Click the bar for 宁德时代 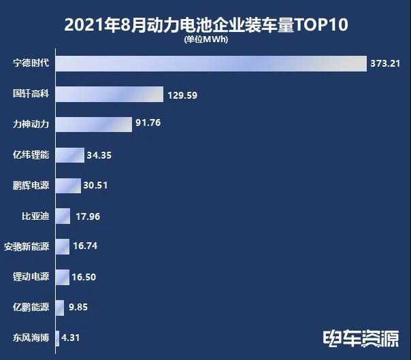point(210,63)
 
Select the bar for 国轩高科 point(109,95)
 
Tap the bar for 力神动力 point(93,125)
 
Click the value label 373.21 point(387,64)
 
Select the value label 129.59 point(182,95)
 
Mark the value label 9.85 point(78,307)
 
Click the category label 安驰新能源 point(27,246)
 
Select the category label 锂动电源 point(31,277)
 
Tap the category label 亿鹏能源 point(31,307)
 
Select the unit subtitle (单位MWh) point(205,39)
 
